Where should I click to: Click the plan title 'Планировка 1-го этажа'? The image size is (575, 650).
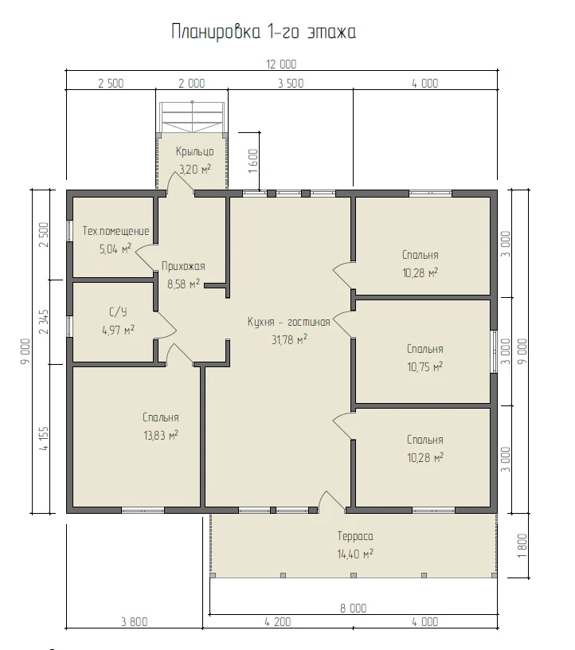264,32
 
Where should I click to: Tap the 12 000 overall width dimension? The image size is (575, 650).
281,65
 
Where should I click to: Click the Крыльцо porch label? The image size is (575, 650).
195,151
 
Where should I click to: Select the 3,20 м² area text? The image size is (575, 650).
195,169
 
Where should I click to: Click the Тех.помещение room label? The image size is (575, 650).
115,231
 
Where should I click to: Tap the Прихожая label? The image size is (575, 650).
183,266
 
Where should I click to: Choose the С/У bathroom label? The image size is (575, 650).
118,311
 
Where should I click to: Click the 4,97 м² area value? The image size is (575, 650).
118,331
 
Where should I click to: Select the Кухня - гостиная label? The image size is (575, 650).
289,322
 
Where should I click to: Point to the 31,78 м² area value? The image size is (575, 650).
289,340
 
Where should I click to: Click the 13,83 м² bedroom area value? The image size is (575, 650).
161,435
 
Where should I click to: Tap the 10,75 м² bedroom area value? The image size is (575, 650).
425,367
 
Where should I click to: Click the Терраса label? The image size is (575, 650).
355,536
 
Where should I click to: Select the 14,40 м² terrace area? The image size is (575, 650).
355,554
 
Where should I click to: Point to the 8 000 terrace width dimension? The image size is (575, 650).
354,608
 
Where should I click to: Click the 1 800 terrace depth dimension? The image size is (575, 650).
522,546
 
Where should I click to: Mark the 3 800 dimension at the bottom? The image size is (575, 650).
135,622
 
